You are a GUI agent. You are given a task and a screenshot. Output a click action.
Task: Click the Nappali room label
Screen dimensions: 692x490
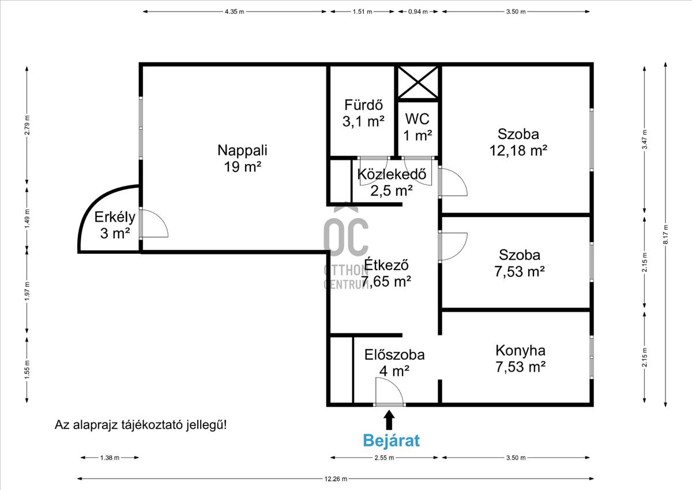242,158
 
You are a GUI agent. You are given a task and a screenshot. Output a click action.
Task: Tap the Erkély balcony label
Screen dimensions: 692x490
115,225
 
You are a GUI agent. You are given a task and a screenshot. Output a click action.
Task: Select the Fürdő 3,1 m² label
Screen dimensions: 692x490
364,113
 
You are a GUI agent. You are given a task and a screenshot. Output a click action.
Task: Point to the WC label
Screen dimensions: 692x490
418,127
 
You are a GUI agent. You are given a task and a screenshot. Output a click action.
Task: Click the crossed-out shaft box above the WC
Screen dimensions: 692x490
418,83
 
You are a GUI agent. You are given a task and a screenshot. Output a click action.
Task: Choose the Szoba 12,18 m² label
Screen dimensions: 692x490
518,142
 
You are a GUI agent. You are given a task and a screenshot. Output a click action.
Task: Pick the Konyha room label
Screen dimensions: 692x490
521,358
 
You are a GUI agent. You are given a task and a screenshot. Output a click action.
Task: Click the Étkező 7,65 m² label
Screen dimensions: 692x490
386,273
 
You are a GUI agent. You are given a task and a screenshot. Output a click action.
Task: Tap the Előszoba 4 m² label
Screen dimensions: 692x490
394,362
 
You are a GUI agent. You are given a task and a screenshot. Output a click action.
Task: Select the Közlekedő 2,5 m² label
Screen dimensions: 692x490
392,182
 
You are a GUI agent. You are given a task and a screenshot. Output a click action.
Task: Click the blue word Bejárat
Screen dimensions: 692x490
391,440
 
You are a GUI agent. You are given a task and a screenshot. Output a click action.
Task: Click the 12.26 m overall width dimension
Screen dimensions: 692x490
336,479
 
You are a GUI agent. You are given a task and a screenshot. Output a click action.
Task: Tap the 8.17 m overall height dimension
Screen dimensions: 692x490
665,234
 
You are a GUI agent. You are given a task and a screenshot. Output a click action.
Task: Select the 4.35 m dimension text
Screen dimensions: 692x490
235,12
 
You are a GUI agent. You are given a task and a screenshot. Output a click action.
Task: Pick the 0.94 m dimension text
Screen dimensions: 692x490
418,12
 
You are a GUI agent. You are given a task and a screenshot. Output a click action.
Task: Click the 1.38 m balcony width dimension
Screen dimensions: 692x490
110,458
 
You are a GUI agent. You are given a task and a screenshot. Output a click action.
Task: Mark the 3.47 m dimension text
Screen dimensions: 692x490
645,140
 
